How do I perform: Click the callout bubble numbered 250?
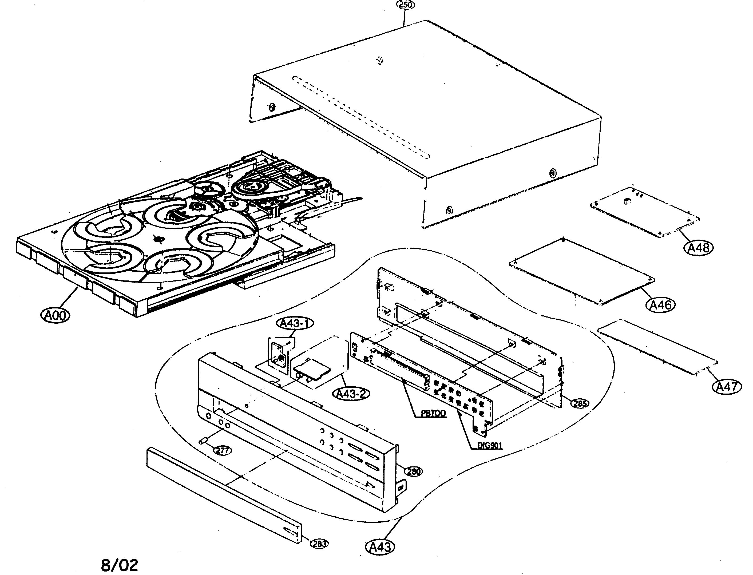405,5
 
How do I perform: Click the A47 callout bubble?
727,387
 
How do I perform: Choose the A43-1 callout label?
295,323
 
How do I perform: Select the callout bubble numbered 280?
414,472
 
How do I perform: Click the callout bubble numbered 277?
223,451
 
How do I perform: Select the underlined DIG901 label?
490,446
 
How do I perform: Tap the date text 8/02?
120,565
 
